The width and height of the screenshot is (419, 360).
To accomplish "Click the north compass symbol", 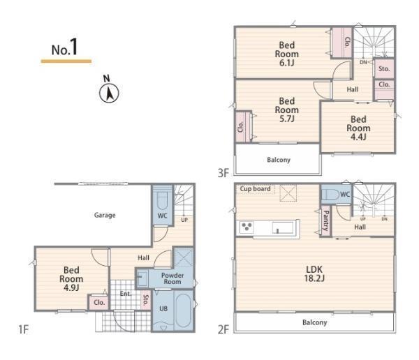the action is pyautogui.click(x=109, y=93).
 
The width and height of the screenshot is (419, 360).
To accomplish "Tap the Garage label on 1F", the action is pyautogui.click(x=105, y=215).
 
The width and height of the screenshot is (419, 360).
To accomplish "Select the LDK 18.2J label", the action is pyautogui.click(x=314, y=273).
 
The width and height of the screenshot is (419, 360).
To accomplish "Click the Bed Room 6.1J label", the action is pyautogui.click(x=287, y=54).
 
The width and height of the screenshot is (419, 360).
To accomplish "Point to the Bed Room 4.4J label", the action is pyautogui.click(x=358, y=128).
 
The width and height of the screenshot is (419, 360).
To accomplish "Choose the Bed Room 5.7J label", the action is pyautogui.click(x=287, y=110).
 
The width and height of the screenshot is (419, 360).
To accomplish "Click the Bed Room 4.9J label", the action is pyautogui.click(x=71, y=278).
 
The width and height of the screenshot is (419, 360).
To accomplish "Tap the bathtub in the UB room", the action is pyautogui.click(x=184, y=310).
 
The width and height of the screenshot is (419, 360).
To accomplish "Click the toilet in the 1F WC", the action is pyautogui.click(x=162, y=200).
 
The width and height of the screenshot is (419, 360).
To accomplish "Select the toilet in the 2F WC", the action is pyautogui.click(x=330, y=194).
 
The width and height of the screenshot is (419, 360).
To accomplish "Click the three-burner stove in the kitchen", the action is pyautogui.click(x=247, y=227).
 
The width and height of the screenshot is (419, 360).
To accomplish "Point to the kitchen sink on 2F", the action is pyautogui.click(x=283, y=228).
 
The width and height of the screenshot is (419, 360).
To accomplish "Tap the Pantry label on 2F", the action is pyautogui.click(x=325, y=220).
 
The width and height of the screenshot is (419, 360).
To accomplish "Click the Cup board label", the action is pyautogui.click(x=255, y=189).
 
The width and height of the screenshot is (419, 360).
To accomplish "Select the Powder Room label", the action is pyautogui.click(x=172, y=278).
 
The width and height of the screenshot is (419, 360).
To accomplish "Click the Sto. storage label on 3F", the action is pyautogui.click(x=384, y=68).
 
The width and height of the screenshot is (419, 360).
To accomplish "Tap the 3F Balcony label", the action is pyautogui.click(x=279, y=160).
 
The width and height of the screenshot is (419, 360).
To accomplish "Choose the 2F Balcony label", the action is pyautogui.click(x=314, y=322).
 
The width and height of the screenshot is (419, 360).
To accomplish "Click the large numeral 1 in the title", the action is pyautogui.click(x=74, y=47).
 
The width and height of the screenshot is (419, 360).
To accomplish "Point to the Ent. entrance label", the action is pyautogui.click(x=126, y=294).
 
